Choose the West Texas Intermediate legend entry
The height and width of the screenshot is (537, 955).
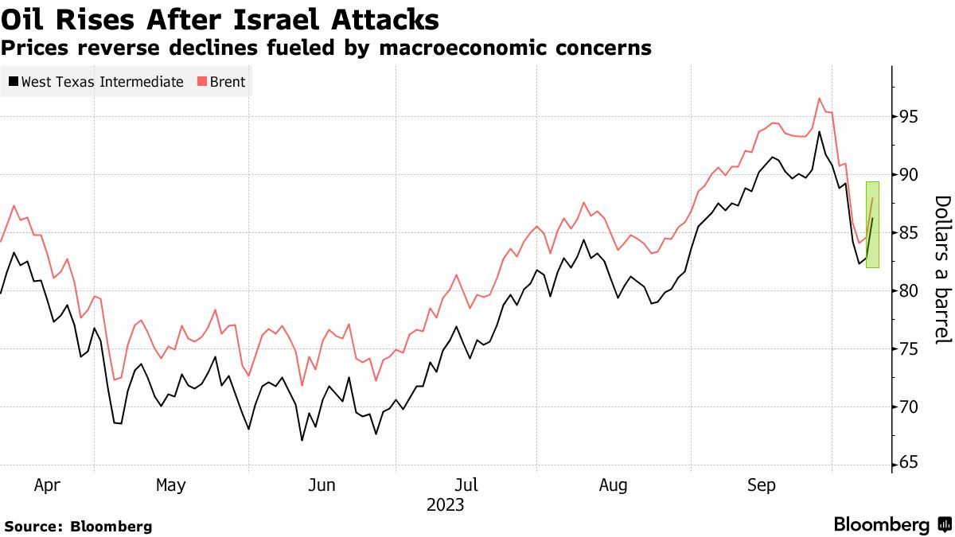[x=96, y=82]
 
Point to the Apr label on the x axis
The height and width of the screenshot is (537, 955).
[x=47, y=485]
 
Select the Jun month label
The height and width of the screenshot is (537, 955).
[x=322, y=485]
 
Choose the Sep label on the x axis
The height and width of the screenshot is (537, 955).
[x=762, y=485]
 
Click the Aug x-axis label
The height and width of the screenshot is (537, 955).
[x=614, y=485]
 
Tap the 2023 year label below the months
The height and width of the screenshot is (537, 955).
[x=445, y=505]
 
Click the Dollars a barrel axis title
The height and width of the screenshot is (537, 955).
[x=942, y=270]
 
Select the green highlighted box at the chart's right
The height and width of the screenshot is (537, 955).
[x=872, y=224]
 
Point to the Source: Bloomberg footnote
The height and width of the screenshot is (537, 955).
[x=78, y=526]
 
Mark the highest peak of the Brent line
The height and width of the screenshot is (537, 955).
[x=819, y=99]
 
